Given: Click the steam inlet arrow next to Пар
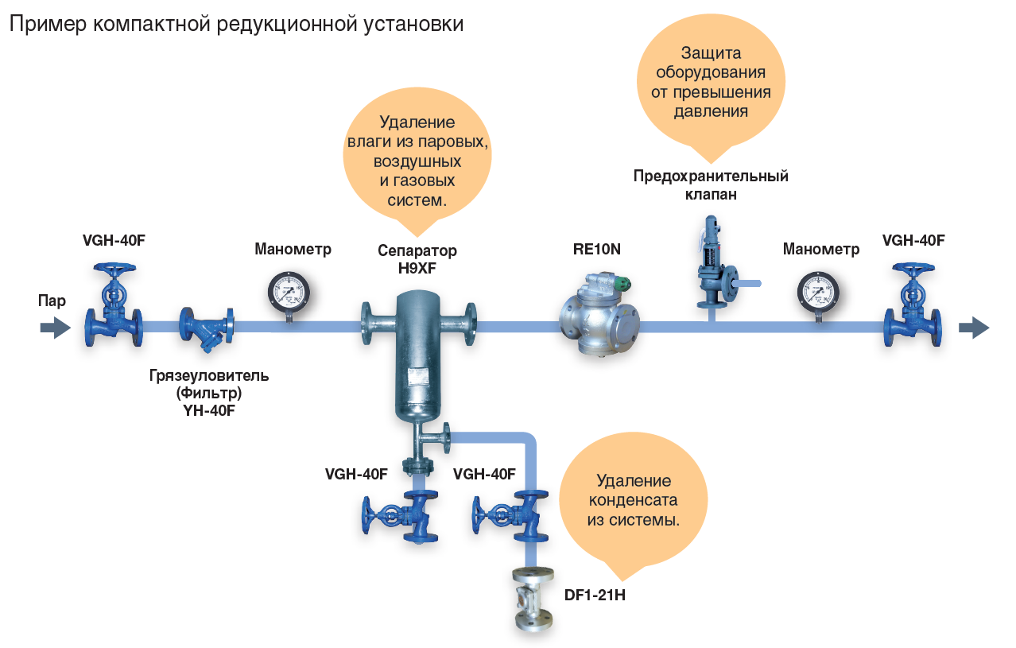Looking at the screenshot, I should (x=55, y=327).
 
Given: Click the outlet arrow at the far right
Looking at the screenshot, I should (x=974, y=327).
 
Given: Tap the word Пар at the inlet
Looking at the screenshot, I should (x=52, y=301).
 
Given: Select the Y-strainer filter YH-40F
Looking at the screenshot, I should (x=207, y=328).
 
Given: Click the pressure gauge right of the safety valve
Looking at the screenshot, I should (x=818, y=293).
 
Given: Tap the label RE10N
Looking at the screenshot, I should (x=596, y=249).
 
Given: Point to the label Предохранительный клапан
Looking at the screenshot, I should (x=711, y=184).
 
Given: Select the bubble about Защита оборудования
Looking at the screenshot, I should (x=711, y=82).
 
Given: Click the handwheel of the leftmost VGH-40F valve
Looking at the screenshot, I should (x=114, y=271).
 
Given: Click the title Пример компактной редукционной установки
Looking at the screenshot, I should (x=236, y=24).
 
